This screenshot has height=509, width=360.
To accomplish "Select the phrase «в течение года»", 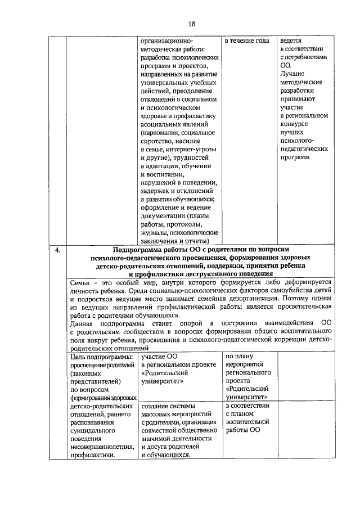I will (x=246, y=42).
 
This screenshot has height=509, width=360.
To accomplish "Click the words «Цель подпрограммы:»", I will (x=102, y=357).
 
